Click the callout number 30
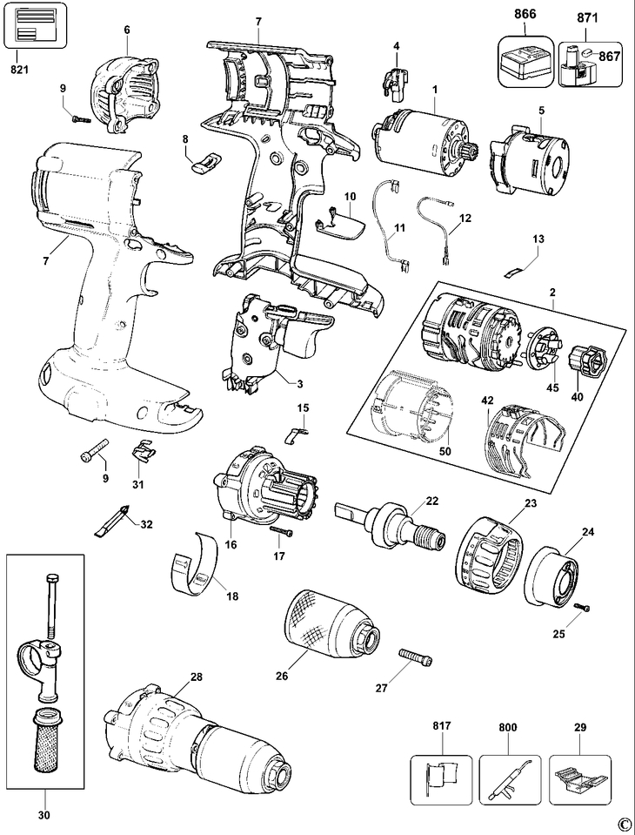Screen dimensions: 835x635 pyautogui.click(x=43, y=816)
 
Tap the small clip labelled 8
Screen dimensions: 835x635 pyautogui.click(x=206, y=159)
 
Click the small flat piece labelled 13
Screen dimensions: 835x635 pyautogui.click(x=516, y=268)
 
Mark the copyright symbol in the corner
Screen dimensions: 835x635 pyautogui.click(x=623, y=825)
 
